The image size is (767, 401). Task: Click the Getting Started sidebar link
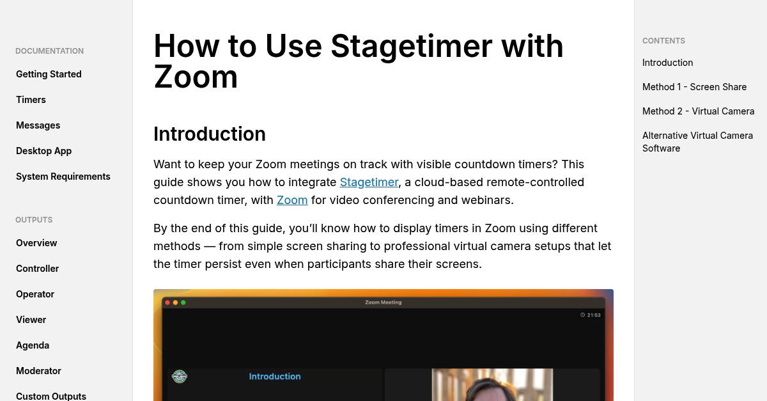click(x=49, y=74)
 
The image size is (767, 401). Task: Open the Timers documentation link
click(x=31, y=100)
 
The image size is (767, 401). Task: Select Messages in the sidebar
click(x=38, y=125)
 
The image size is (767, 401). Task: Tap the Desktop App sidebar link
click(x=44, y=151)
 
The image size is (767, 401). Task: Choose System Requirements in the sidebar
click(x=63, y=177)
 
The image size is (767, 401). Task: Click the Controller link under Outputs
click(x=37, y=269)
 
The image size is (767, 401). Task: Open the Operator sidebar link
click(x=35, y=294)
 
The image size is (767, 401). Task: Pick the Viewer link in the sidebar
click(x=31, y=320)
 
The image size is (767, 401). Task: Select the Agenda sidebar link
click(x=33, y=345)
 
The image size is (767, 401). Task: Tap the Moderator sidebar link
click(x=38, y=371)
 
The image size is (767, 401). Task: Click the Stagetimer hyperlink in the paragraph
click(x=369, y=182)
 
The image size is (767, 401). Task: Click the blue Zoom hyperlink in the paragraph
click(x=292, y=200)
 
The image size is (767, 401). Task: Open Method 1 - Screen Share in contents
click(x=694, y=87)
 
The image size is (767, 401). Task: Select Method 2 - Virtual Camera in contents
click(x=698, y=111)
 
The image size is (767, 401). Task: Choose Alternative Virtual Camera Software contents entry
click(x=697, y=142)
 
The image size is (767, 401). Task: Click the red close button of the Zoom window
click(x=167, y=303)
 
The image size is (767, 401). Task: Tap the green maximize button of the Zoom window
click(x=183, y=303)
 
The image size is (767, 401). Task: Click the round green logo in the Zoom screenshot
click(x=180, y=377)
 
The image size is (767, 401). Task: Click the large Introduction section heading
click(x=210, y=134)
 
